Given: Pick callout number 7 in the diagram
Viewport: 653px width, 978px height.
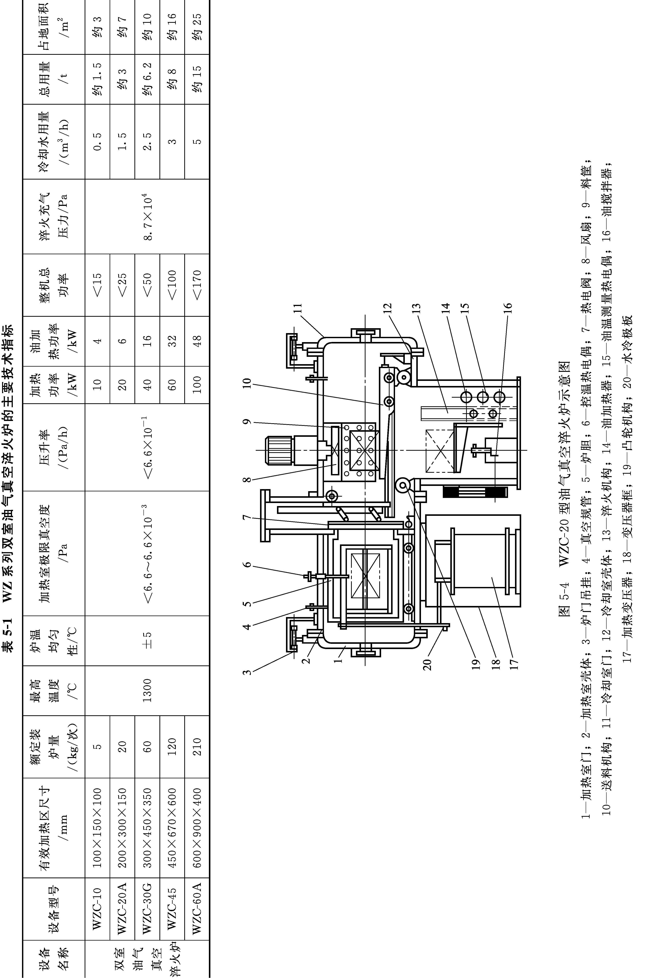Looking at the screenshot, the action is tap(247, 518).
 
